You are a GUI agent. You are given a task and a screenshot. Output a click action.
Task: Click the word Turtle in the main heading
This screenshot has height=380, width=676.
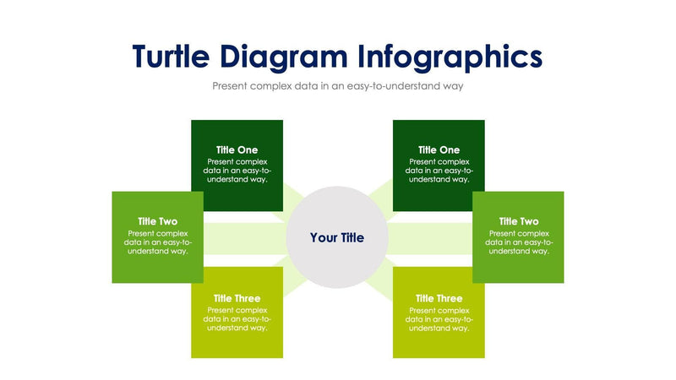coord(172,56)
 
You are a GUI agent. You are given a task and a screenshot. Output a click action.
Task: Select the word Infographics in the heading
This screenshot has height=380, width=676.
coord(450,57)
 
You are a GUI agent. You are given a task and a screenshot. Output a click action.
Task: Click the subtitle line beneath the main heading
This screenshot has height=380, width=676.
coord(338,86)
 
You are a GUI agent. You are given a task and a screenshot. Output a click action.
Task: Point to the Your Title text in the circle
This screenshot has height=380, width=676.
coord(337,238)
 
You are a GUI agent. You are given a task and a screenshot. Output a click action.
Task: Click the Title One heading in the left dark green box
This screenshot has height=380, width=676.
coord(237,149)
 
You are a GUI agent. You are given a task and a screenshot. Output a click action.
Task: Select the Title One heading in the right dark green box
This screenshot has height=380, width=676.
coord(439,149)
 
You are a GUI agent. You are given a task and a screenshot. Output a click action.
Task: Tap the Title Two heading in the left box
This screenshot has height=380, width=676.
coord(158,221)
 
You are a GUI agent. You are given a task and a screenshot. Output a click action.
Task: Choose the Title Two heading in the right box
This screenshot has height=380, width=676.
coord(519,221)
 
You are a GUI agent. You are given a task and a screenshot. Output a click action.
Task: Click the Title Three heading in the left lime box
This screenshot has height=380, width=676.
coord(237,298)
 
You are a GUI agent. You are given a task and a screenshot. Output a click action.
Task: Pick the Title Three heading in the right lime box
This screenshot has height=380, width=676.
coord(439,298)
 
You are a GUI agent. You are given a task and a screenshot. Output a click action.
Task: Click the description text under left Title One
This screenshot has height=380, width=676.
coord(237,170)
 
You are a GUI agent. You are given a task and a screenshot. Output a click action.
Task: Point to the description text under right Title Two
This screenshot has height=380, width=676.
coord(519,242)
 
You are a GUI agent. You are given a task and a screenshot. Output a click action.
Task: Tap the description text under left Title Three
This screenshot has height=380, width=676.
coord(237,319)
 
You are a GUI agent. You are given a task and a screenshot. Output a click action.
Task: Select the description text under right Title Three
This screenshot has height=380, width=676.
coord(439,319)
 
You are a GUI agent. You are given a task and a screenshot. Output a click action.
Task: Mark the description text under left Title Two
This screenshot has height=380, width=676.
coord(158,242)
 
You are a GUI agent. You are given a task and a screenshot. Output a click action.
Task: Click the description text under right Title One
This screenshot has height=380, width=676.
coord(439,170)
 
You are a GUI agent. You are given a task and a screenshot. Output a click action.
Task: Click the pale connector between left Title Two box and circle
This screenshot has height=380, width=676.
coord(245,238)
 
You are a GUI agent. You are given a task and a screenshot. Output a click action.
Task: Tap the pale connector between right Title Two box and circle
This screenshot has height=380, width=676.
coord(429,238)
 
